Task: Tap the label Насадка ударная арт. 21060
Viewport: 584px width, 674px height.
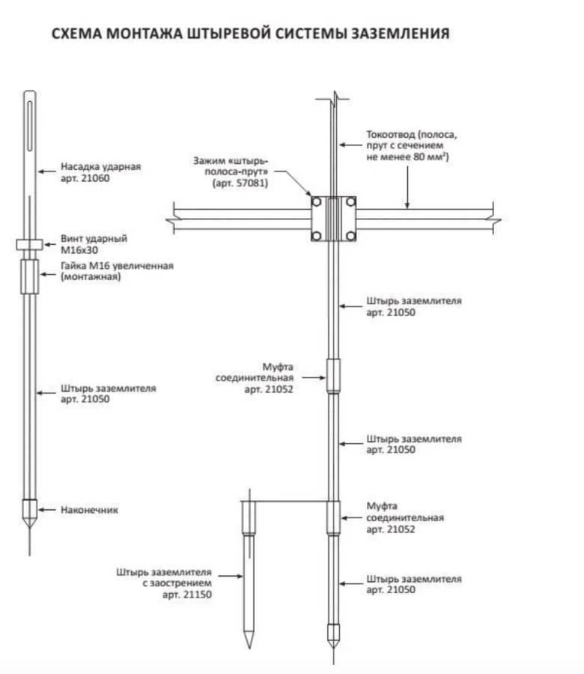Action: coord(100,172)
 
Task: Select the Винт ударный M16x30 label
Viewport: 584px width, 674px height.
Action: coord(94,243)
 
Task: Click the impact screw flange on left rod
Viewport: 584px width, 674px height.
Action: coord(30,245)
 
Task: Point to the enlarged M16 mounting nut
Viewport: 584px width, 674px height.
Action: coord(30,276)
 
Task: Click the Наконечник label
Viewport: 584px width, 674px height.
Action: coord(89,510)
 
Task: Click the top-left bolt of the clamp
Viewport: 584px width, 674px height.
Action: coord(316,201)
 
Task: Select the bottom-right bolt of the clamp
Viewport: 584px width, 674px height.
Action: coord(350,236)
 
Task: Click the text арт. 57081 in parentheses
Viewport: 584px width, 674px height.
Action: coord(240,183)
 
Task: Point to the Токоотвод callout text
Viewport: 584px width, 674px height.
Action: coord(411,145)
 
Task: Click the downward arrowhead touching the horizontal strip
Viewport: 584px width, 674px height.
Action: coord(407,205)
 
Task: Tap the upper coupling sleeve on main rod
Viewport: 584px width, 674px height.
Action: coord(333,376)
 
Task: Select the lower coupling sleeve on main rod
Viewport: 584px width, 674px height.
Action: coord(333,517)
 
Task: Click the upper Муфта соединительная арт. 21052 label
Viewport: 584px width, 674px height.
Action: coord(255,378)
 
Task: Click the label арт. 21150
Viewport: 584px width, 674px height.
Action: coord(187,595)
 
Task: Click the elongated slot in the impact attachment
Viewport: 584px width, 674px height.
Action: coord(30,126)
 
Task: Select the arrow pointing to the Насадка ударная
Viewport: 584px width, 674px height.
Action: coord(47,171)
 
